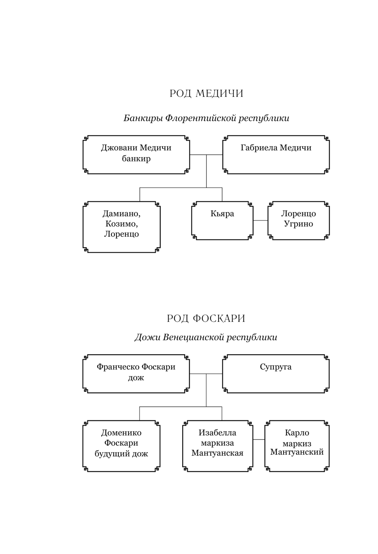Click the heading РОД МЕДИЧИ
(x=206, y=93)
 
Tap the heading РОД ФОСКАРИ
(x=206, y=318)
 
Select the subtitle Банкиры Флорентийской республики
(x=206, y=118)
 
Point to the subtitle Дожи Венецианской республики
(x=206, y=337)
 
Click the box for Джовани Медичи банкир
(x=136, y=154)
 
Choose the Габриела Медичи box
(x=276, y=154)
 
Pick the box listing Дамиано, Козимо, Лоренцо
(x=121, y=227)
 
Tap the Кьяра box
(x=222, y=221)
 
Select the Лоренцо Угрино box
(x=299, y=221)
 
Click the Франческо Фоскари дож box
(x=136, y=373)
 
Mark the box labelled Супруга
(x=276, y=373)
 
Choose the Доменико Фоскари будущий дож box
(x=121, y=446)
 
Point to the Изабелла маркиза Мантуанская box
(x=217, y=446)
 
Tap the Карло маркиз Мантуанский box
(x=297, y=446)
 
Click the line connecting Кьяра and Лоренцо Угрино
(x=260, y=220)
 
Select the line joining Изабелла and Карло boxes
(x=259, y=440)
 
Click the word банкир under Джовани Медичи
(x=136, y=159)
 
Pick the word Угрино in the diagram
(x=299, y=224)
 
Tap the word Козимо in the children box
(x=121, y=224)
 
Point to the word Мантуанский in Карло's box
(x=297, y=452)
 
